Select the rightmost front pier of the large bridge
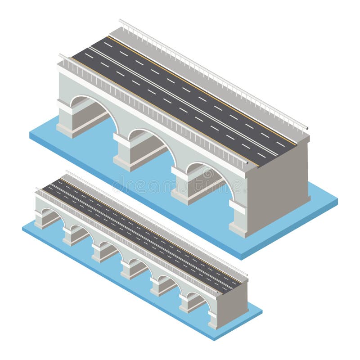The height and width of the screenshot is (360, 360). click(238, 220)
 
